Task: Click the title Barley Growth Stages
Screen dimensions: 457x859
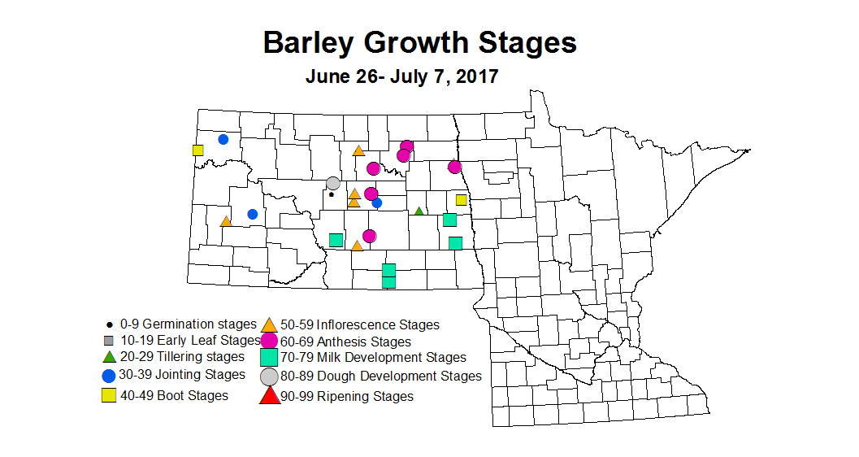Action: tap(419, 42)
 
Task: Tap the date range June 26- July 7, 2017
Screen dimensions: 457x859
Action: tap(401, 77)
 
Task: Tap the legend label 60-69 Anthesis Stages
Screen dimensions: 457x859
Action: tap(346, 342)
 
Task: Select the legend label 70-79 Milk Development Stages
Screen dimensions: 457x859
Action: tap(373, 357)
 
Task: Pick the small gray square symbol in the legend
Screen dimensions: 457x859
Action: tap(108, 341)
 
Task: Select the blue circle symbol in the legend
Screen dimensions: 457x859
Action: tap(108, 376)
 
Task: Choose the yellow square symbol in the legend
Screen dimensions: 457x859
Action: tap(108, 396)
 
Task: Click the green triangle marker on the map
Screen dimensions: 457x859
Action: tap(419, 211)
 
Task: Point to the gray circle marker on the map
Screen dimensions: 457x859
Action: tap(333, 183)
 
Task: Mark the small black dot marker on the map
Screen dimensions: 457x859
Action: tap(331, 194)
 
